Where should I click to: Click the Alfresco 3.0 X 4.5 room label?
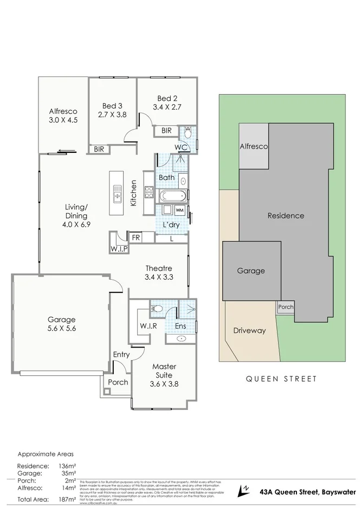tap(61, 116)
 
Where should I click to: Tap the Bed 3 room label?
tap(112, 110)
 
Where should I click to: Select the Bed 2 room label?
tap(167, 102)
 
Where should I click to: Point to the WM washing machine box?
tap(179, 210)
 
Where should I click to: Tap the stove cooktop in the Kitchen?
tap(149, 191)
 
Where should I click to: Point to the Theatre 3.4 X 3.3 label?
tap(159, 273)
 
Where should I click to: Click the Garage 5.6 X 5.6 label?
tap(61, 324)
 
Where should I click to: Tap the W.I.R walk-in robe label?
tap(148, 326)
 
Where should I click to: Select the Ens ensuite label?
tap(180, 326)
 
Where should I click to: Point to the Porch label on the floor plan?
tap(118, 382)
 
